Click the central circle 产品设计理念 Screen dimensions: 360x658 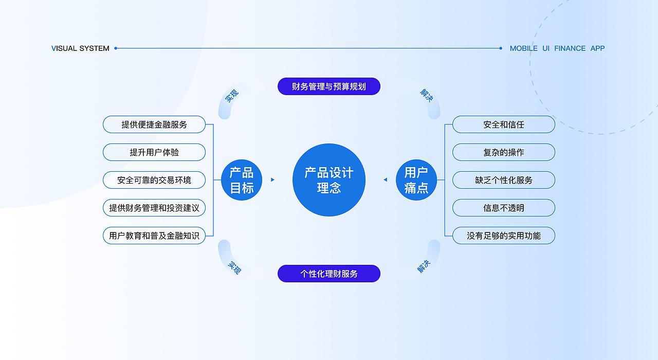pyautogui.click(x=329, y=180)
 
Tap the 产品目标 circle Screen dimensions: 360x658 pyautogui.click(x=242, y=180)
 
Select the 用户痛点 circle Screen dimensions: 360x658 pyautogui.click(x=416, y=180)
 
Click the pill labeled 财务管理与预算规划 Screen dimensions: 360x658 pyautogui.click(x=329, y=86)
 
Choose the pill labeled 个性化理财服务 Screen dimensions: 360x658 pyautogui.click(x=329, y=274)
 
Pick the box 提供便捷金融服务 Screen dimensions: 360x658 pyautogui.click(x=154, y=124)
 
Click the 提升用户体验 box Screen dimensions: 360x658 pyautogui.click(x=154, y=152)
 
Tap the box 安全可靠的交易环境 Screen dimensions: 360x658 pyautogui.click(x=154, y=180)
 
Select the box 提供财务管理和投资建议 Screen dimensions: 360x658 pyautogui.click(x=154, y=208)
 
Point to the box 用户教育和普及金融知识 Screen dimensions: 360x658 pyautogui.click(x=154, y=236)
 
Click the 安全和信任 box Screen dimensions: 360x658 pyautogui.click(x=504, y=124)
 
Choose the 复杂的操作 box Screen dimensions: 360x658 pyautogui.click(x=504, y=152)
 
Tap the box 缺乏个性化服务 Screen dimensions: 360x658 pyautogui.click(x=504, y=180)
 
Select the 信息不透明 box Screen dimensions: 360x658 pyautogui.click(x=504, y=208)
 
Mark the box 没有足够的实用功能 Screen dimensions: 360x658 pyautogui.click(x=504, y=236)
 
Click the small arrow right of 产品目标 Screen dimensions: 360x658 pyautogui.click(x=272, y=180)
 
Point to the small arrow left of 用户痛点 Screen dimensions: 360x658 pyautogui.click(x=386, y=180)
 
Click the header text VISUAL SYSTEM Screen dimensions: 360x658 pyautogui.click(x=81, y=48)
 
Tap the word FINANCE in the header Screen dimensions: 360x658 pyautogui.click(x=570, y=48)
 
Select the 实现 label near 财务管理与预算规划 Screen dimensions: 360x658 pyautogui.click(x=232, y=96)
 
